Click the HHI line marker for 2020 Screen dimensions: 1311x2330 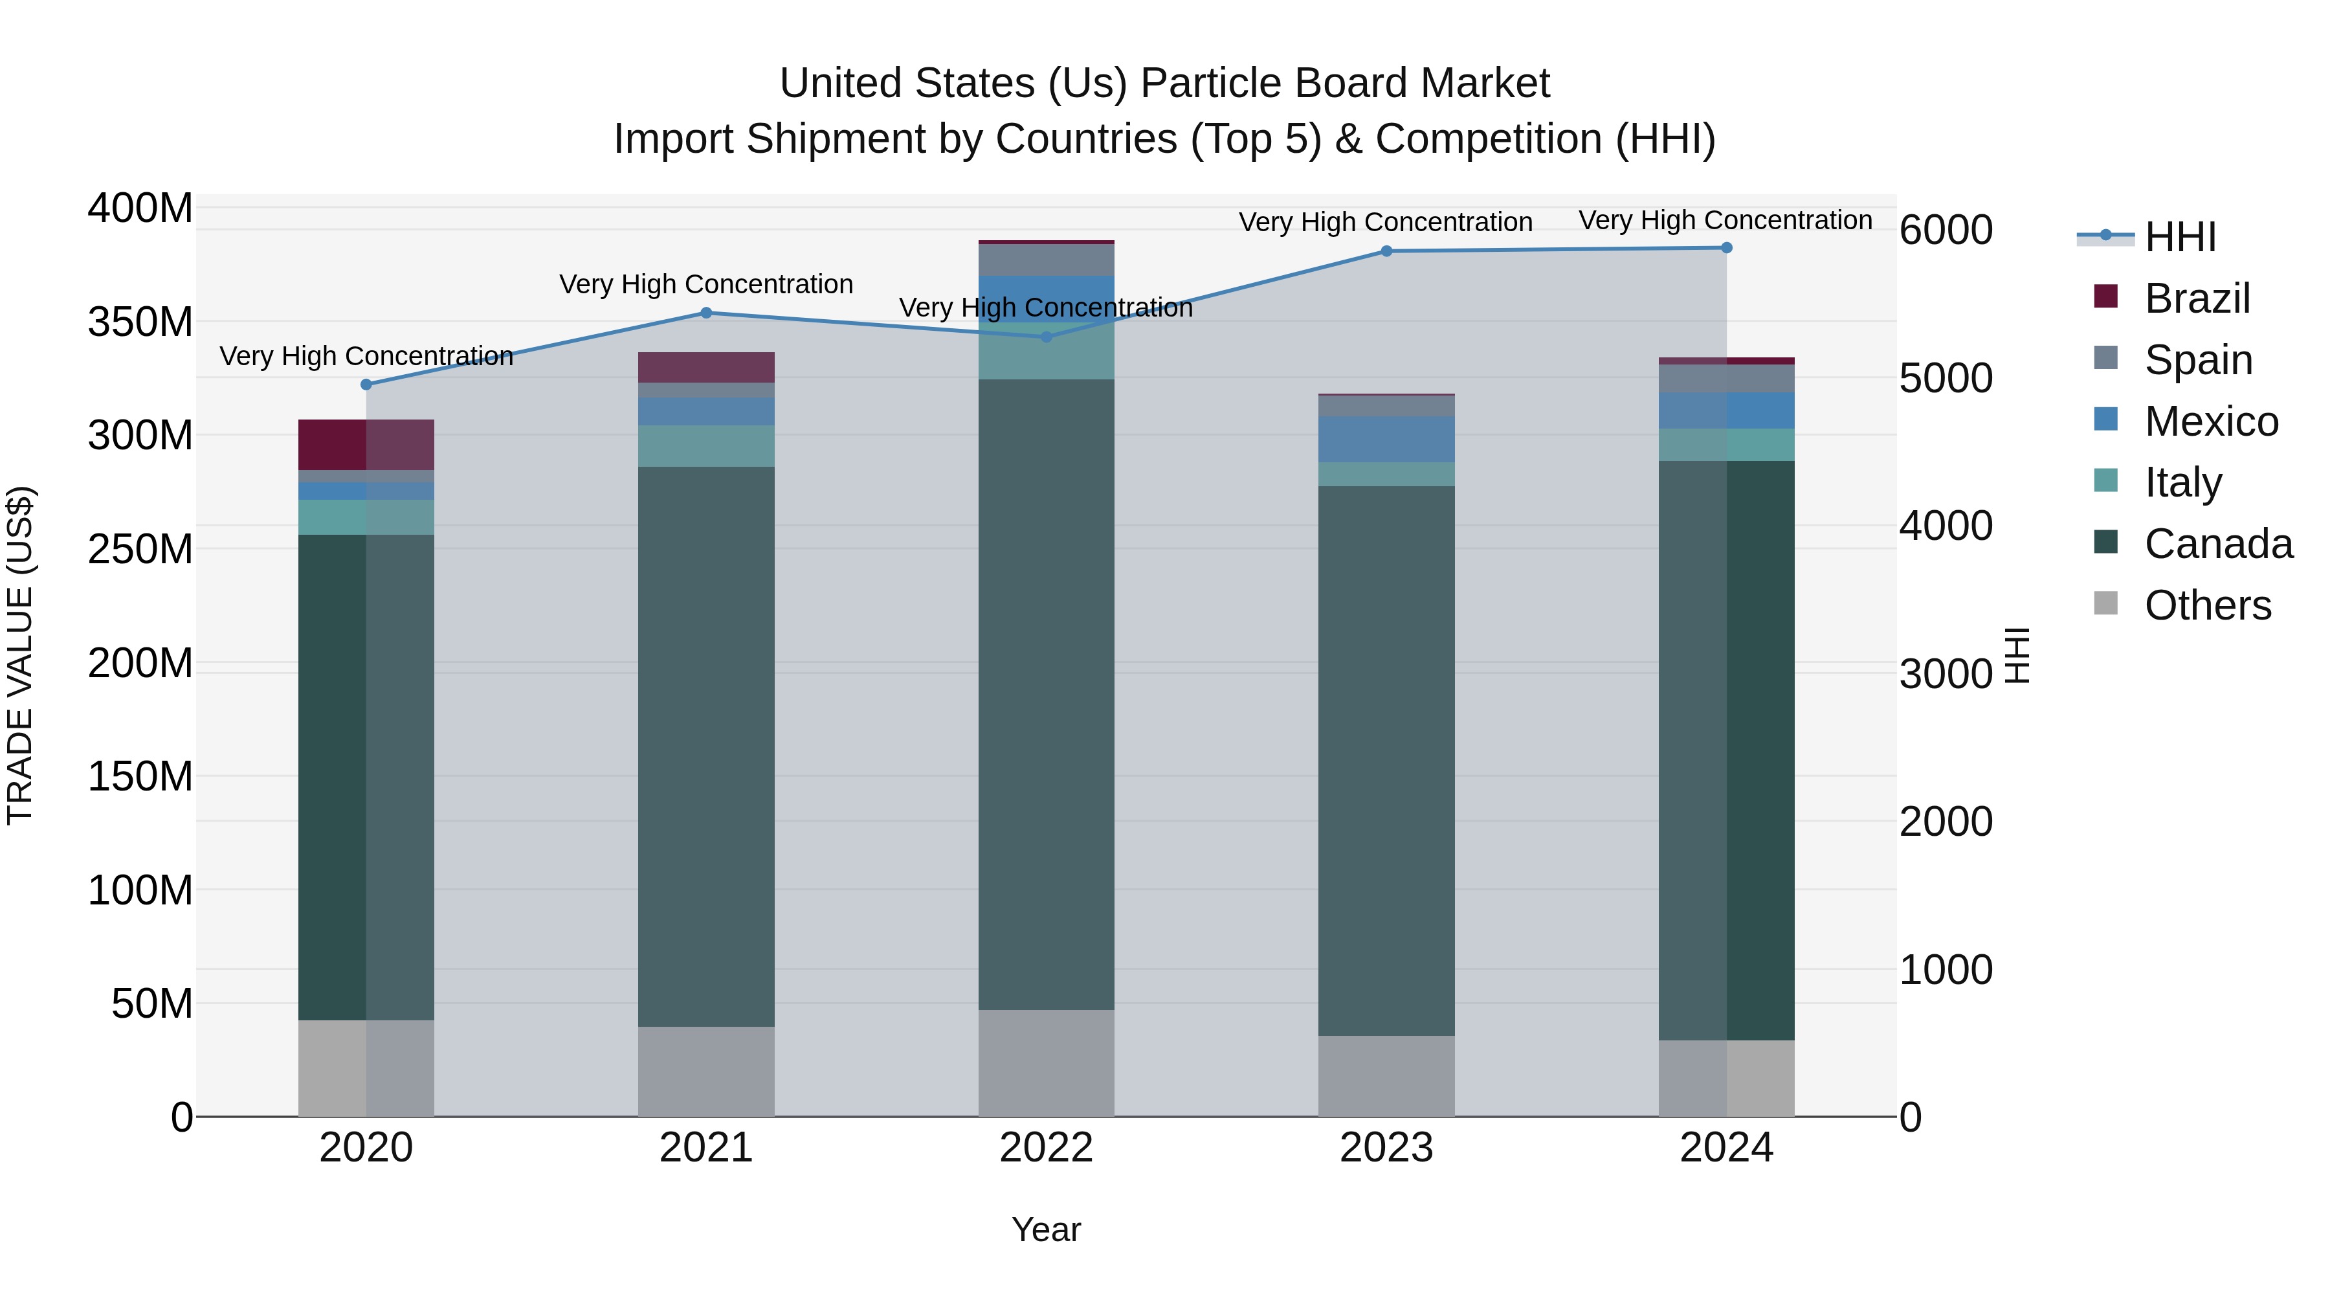(x=366, y=385)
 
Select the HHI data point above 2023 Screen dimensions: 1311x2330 (x=1386, y=252)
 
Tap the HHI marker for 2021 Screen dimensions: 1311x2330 (x=706, y=313)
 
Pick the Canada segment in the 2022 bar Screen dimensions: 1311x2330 (x=1047, y=694)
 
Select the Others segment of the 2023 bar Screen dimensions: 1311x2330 (x=1386, y=1076)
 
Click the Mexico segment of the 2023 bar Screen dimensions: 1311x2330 (x=1386, y=440)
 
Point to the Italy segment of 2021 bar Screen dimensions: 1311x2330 (x=706, y=446)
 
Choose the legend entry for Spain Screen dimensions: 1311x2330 (x=2198, y=360)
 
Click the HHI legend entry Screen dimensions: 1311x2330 (x=2180, y=237)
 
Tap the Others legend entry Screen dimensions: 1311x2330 (x=2207, y=605)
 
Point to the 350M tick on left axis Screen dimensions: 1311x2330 (x=140, y=322)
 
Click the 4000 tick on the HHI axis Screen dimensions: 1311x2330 (x=1946, y=526)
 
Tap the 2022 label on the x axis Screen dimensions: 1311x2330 (x=1047, y=1148)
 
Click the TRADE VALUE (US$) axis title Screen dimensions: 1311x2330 (x=20, y=655)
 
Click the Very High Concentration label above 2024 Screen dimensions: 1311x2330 (x=1725, y=220)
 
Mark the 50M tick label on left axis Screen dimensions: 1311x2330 (x=152, y=1004)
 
